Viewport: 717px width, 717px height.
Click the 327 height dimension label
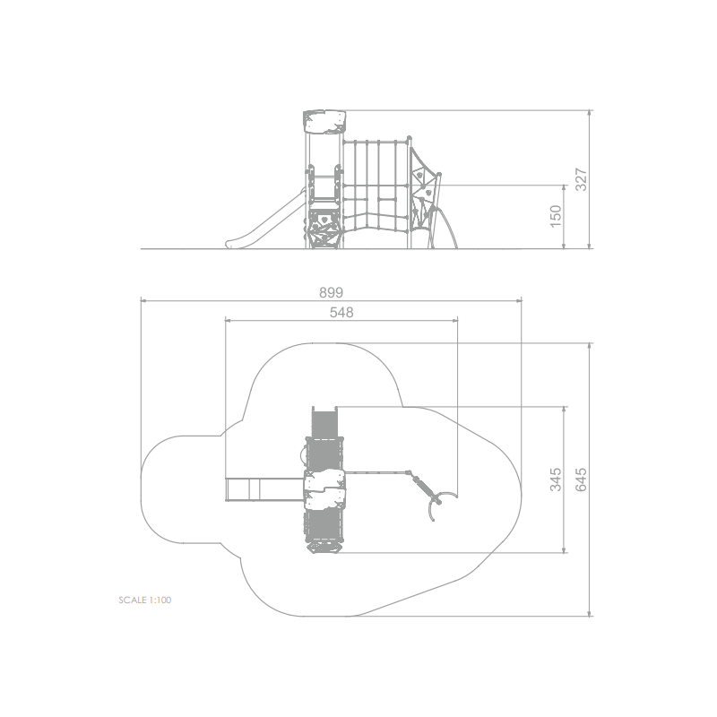(x=581, y=180)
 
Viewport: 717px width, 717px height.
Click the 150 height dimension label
(x=555, y=216)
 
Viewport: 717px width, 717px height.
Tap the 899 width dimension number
(x=331, y=292)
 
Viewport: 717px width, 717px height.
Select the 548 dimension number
(x=341, y=312)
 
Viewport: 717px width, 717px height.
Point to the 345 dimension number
(x=556, y=479)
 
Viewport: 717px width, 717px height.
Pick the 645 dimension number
(x=581, y=479)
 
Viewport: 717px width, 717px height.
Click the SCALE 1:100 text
(x=145, y=600)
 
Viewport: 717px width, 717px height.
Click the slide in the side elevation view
(x=265, y=219)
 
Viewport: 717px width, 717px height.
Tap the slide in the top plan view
(x=265, y=489)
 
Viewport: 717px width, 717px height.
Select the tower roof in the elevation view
(x=324, y=122)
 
